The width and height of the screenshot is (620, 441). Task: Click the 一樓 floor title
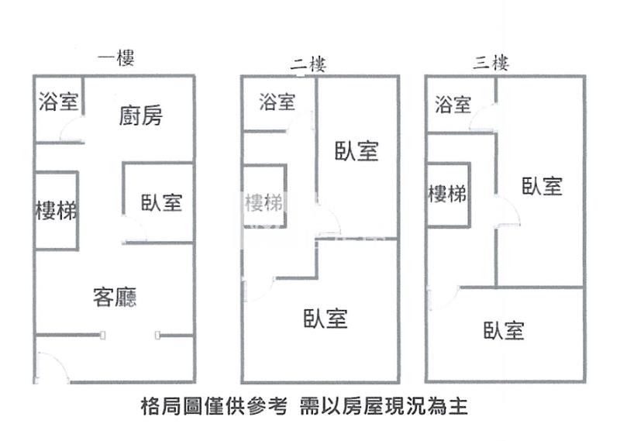click(x=115, y=57)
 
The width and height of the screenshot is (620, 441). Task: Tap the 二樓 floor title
click(x=308, y=64)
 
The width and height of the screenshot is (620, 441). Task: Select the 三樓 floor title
click(x=491, y=63)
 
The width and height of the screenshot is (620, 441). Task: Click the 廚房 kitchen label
click(x=141, y=116)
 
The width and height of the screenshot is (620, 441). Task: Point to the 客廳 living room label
click(x=115, y=297)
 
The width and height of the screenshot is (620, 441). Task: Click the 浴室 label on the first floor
click(x=58, y=102)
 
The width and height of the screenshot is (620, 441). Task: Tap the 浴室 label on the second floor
click(x=277, y=102)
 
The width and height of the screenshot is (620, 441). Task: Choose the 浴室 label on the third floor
click(x=453, y=104)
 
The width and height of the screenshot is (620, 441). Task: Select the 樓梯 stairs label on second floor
click(x=263, y=203)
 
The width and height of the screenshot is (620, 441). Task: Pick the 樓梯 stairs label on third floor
click(x=447, y=193)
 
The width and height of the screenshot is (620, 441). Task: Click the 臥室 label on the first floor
click(x=161, y=203)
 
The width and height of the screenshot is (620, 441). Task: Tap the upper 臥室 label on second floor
click(x=356, y=151)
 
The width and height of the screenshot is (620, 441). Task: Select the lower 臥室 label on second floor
click(x=325, y=318)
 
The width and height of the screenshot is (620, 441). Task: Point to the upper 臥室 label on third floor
click(x=541, y=186)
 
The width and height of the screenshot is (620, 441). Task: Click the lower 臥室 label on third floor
click(x=504, y=331)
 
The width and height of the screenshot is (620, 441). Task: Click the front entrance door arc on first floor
click(x=48, y=367)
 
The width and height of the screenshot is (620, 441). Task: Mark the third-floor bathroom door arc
click(x=484, y=119)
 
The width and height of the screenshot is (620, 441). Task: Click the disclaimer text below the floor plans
click(x=305, y=405)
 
